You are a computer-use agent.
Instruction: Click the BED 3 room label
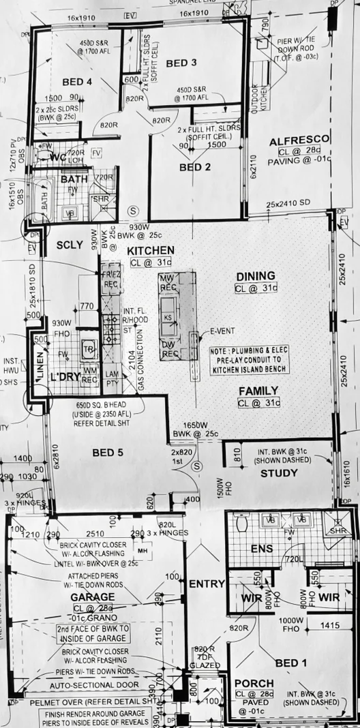tap(181, 63)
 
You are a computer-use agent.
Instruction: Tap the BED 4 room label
tap(77, 82)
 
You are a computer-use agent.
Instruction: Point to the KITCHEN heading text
tap(151, 250)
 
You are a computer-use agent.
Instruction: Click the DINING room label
tap(256, 275)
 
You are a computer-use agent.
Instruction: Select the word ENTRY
tap(202, 583)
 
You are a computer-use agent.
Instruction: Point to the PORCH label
tap(254, 683)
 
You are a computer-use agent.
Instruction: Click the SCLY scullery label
tap(70, 245)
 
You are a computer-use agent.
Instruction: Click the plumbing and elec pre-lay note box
tap(250, 359)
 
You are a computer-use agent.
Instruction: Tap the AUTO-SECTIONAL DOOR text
tap(99, 684)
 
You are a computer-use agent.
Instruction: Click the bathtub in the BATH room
tap(46, 198)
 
